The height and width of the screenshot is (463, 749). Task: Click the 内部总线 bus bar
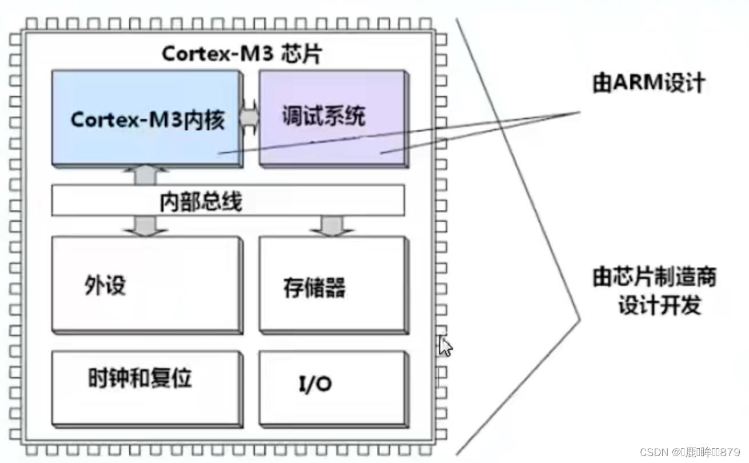tap(228, 201)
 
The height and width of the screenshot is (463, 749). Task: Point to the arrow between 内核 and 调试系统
tap(249, 117)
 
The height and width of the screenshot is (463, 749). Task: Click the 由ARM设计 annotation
tap(648, 83)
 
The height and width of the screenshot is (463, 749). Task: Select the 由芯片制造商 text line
tap(654, 278)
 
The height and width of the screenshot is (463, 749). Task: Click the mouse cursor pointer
tap(445, 346)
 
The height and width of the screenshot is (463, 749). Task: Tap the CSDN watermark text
tap(690, 452)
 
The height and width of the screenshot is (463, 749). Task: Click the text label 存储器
tap(314, 288)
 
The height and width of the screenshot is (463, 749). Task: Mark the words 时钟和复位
tap(140, 378)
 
